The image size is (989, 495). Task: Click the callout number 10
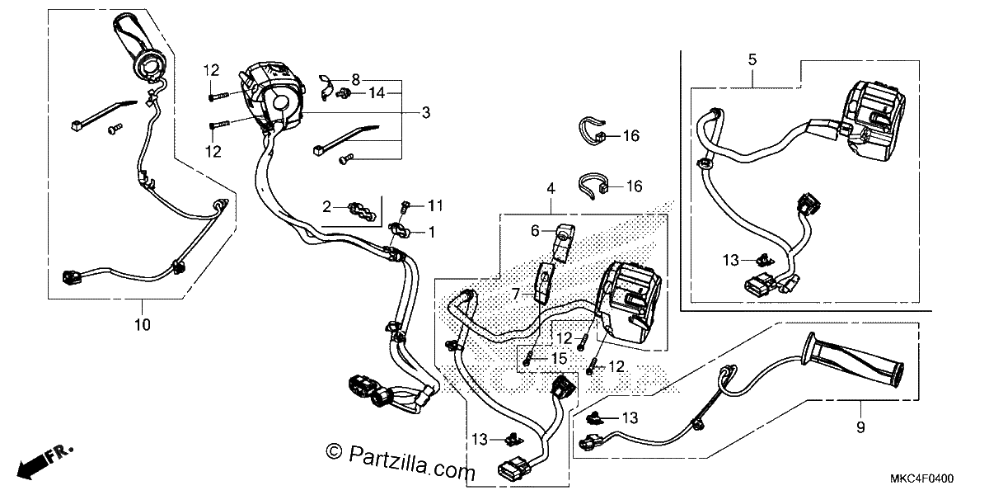[142, 325]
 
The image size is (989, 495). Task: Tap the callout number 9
[860, 427]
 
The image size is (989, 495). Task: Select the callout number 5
[752, 59]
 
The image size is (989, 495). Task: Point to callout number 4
[551, 189]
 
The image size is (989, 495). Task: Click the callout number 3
[425, 113]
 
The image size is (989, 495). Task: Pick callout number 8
[355, 80]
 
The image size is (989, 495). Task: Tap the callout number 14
[377, 92]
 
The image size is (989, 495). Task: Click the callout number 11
[435, 205]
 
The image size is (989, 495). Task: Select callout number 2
[326, 206]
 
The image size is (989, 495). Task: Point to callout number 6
[535, 231]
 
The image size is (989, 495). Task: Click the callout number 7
[516, 294]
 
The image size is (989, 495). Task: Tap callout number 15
[559, 358]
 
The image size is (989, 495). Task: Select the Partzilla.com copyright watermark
[401, 462]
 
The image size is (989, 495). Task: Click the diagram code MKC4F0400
[921, 478]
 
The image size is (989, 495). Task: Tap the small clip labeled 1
[399, 231]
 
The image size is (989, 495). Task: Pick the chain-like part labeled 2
[362, 211]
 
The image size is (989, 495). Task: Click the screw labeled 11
[405, 206]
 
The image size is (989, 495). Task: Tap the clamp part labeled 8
[326, 87]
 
